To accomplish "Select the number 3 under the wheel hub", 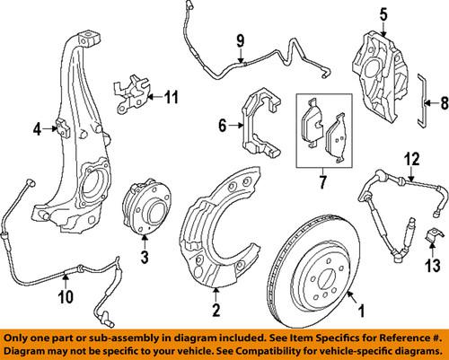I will [142, 259].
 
